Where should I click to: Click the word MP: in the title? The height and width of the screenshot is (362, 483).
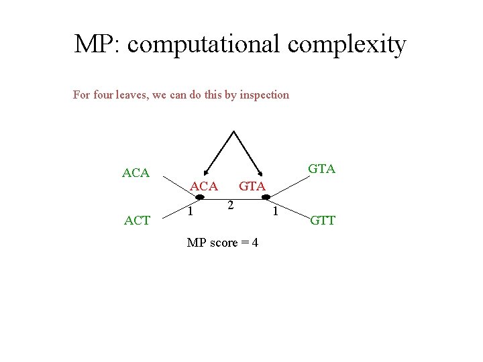point(97,44)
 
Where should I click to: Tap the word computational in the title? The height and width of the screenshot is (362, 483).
point(203,44)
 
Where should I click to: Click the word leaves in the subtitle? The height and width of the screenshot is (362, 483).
point(131,95)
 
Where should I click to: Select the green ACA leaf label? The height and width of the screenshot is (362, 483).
point(136,173)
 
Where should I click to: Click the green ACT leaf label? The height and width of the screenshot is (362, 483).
point(138,220)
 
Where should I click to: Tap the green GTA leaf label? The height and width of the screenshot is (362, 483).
point(322,169)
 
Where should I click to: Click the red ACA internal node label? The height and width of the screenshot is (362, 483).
point(204,186)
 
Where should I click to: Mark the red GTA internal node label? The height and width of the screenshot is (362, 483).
point(252,186)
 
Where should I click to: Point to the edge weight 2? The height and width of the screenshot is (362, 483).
point(230,204)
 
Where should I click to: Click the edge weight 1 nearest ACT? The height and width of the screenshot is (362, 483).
point(191,212)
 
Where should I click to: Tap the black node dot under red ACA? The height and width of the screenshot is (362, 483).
point(200,196)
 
